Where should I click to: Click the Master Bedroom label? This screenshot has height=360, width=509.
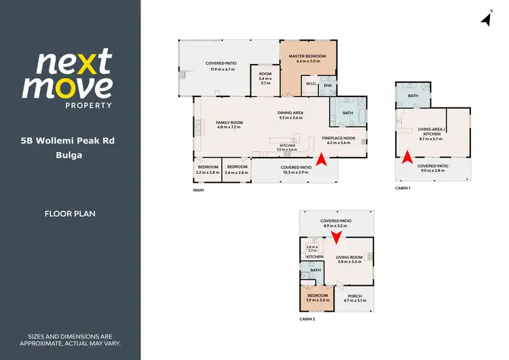coord(303,56)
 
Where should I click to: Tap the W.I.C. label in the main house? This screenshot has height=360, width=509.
coord(312,84)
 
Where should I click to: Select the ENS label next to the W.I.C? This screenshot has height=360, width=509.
coord(328,86)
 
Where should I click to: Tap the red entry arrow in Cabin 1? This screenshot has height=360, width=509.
coord(405,158)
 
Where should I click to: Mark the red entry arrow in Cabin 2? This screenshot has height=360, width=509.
coord(335,238)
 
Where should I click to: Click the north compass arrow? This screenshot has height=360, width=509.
coord(486,18)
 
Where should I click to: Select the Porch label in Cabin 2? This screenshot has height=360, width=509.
coord(354,296)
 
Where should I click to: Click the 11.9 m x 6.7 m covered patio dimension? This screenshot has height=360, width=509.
coord(222,69)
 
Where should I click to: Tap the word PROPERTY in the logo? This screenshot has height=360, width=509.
coord(88,105)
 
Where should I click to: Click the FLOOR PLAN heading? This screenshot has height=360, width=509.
coord(70,213)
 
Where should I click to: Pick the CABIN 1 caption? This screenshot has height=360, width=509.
coord(403,187)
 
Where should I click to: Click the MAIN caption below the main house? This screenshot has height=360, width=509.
coord(198,190)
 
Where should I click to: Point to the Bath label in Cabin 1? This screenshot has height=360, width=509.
coord(413,96)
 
